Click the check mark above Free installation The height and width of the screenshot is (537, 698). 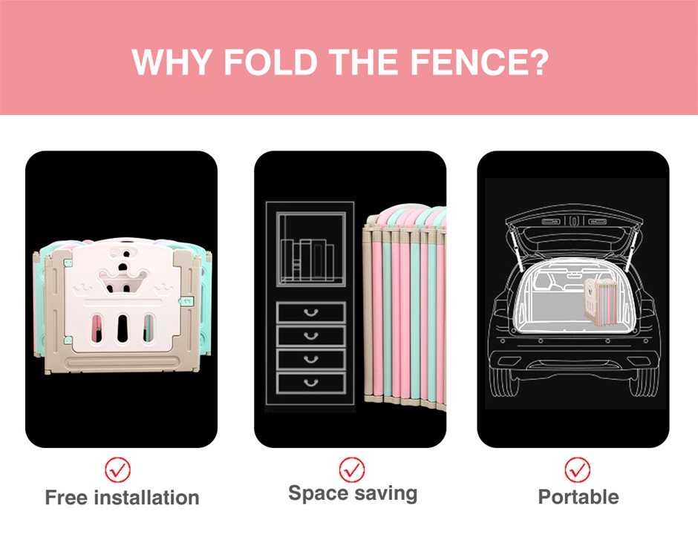[x=118, y=470]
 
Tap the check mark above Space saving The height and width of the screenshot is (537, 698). [x=352, y=470]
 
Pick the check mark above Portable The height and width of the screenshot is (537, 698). [x=578, y=470]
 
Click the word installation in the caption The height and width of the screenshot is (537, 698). [x=147, y=498]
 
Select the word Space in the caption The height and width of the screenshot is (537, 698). [x=317, y=494]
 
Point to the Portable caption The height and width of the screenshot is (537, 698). [x=578, y=497]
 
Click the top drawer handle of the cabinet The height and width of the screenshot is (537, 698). [x=310, y=312]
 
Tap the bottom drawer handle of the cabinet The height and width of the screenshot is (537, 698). [x=310, y=382]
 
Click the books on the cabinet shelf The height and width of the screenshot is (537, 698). [x=307, y=260]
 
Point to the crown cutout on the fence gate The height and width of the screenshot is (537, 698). [x=123, y=281]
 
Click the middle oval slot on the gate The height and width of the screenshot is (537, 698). [x=123, y=328]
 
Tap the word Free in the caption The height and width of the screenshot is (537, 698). [x=67, y=498]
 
